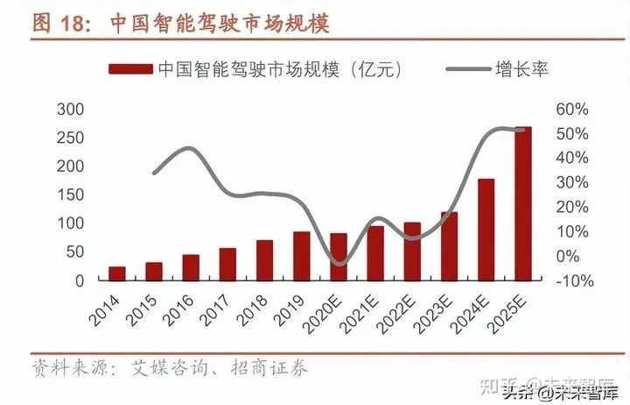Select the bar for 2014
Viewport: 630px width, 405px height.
point(117,273)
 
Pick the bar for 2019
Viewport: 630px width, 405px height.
point(301,255)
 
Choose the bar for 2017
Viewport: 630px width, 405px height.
point(227,264)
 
